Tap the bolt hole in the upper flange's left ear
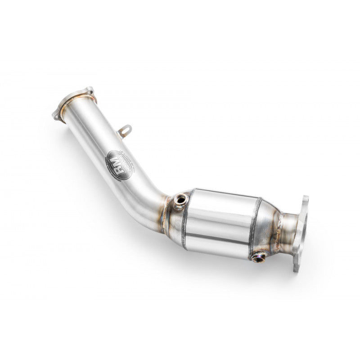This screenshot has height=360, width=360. pyautogui.click(x=57, y=115)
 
